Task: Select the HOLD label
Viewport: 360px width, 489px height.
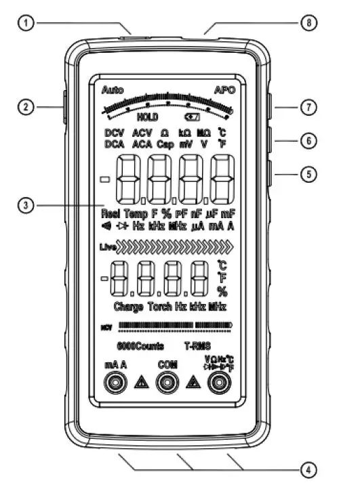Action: click(147, 116)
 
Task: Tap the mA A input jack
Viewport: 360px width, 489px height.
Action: click(116, 383)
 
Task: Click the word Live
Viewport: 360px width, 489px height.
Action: click(109, 249)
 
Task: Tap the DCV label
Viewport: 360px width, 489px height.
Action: click(114, 133)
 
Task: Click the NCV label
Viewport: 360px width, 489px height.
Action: click(106, 326)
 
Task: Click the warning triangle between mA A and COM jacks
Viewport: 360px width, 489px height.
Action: click(141, 383)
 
